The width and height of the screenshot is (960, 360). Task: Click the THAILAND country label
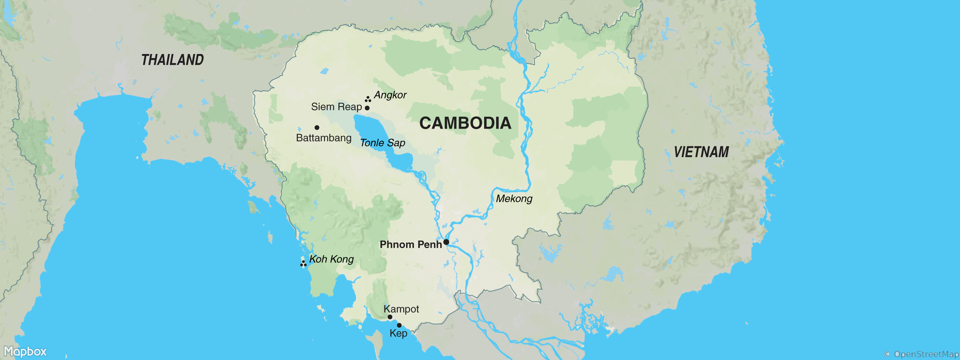[172, 60]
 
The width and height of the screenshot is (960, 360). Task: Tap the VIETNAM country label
[701, 152]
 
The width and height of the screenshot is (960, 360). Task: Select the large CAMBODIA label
[465, 123]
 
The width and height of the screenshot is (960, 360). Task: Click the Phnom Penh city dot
[446, 242]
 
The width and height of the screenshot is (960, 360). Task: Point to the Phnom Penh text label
[410, 244]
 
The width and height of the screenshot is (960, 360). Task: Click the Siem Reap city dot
[367, 108]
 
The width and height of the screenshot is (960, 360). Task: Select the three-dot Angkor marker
[368, 99]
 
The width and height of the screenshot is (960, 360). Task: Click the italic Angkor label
[390, 95]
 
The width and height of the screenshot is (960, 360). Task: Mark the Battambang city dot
[317, 127]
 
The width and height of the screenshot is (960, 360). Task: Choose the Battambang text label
[323, 138]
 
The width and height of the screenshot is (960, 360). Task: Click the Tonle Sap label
[382, 143]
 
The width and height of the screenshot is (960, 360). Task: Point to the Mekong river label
[514, 199]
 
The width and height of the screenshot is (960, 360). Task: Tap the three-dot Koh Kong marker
[303, 263]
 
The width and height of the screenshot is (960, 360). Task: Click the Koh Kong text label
[331, 259]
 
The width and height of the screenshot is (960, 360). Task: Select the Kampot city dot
[390, 317]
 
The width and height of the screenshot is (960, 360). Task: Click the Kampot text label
[401, 309]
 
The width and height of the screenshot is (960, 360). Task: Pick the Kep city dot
[399, 325]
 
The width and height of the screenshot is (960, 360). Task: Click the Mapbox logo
[25, 351]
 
